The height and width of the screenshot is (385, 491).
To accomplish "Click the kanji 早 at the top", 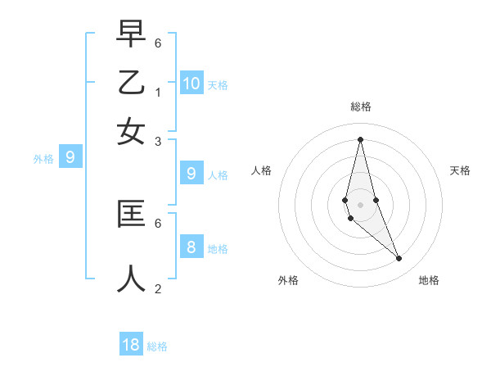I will point(131,35).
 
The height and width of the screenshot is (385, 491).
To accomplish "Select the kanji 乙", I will point(131,83).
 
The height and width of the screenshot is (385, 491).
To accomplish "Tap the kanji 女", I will point(131,131).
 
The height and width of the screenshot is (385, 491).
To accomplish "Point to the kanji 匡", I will point(131,214).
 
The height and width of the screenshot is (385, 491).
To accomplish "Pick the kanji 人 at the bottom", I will point(131,278).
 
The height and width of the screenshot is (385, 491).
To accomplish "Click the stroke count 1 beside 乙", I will point(157,92).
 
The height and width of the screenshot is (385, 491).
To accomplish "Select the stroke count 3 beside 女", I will point(157,141).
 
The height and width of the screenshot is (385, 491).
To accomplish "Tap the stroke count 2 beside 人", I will point(157,288).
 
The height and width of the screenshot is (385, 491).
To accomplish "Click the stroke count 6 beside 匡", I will point(157,222).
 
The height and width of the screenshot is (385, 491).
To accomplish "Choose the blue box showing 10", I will point(191,83).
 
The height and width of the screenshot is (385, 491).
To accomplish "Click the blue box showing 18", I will point(131,345).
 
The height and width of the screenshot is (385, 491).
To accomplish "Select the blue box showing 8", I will point(191,247).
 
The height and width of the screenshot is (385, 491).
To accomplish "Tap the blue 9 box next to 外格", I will point(70,156).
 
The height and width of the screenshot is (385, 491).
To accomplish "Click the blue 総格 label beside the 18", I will point(157,346).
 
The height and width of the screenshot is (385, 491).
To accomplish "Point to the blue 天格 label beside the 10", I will point(218,84).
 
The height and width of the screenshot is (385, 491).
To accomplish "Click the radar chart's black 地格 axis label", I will point(429,280).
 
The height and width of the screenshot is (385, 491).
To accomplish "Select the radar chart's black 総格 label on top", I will point(361,106).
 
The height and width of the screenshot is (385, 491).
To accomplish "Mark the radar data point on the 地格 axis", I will point(399,259).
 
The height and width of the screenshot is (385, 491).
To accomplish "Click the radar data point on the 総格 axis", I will point(360,138).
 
